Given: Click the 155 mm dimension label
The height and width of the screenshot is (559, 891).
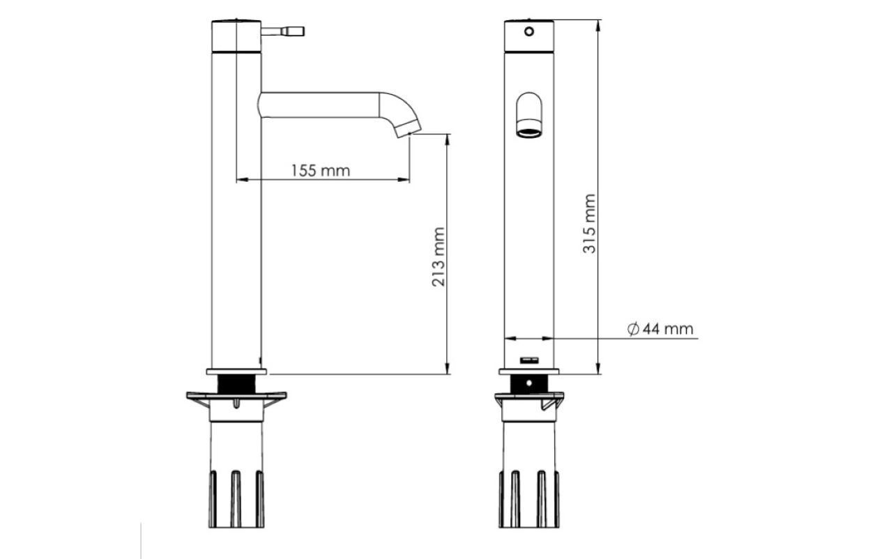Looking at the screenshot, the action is pyautogui.click(x=321, y=171).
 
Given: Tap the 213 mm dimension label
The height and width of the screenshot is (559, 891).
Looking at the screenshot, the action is pyautogui.click(x=439, y=256).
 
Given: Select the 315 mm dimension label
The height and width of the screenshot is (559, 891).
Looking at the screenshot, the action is pyautogui.click(x=589, y=224).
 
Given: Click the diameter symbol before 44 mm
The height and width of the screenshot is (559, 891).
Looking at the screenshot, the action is pyautogui.click(x=633, y=329).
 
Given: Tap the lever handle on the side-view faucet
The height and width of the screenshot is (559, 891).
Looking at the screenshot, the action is pyautogui.click(x=283, y=31).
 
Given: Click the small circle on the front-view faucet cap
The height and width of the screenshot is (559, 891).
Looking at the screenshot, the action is pyautogui.click(x=529, y=31).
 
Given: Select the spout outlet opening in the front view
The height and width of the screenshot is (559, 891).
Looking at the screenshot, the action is pyautogui.click(x=529, y=132).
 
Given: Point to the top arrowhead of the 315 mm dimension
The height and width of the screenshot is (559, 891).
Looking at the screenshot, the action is pyautogui.click(x=598, y=25).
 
